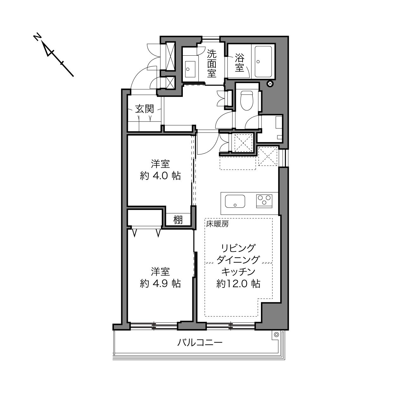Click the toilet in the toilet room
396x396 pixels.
pyautogui.click(x=247, y=101)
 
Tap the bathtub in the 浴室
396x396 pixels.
pyautogui.click(x=263, y=61)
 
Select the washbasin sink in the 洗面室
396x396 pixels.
pyautogui.click(x=190, y=69)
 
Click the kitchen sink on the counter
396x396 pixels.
pyautogui.click(x=235, y=201)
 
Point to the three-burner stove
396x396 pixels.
pyautogui.click(x=264, y=201)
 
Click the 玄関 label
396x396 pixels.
pyautogui.click(x=145, y=109)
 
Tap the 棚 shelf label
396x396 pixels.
pyautogui.click(x=178, y=220)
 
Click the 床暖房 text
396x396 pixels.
pyautogui.click(x=217, y=224)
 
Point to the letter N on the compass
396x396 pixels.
pyautogui.click(x=37, y=37)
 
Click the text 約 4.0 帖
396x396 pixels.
pyautogui.click(x=160, y=176)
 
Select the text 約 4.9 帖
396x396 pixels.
pyautogui.click(x=160, y=284)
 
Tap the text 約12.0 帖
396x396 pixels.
pyautogui.click(x=238, y=284)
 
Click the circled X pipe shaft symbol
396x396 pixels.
pyautogui.click(x=270, y=84)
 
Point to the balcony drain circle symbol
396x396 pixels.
pyautogui.click(x=276, y=335)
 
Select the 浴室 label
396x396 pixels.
pyautogui.click(x=240, y=63)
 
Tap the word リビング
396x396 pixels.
pyautogui.click(x=238, y=248)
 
